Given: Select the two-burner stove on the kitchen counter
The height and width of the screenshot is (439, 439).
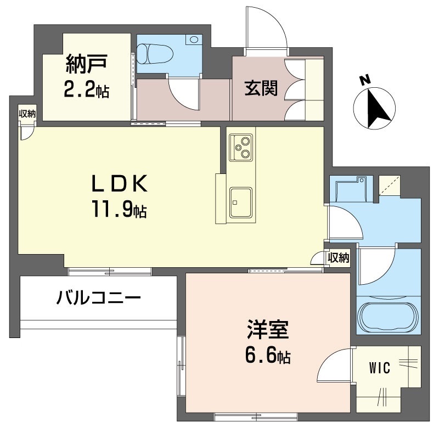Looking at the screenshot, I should (x=242, y=146).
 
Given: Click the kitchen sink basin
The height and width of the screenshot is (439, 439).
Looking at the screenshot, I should (x=241, y=201).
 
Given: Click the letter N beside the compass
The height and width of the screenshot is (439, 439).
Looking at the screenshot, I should (x=364, y=80).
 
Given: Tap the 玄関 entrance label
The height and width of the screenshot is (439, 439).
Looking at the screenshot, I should (x=261, y=88).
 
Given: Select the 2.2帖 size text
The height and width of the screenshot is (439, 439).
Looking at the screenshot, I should (x=86, y=89).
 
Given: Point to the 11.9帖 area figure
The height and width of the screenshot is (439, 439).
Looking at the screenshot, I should (x=119, y=209).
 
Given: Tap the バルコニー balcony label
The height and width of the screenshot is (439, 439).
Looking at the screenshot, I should (x=99, y=299).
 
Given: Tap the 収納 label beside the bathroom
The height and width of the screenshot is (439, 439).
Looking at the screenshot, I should (x=339, y=257).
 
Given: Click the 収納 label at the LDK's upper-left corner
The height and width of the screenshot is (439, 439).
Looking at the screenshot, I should (x=27, y=114).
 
